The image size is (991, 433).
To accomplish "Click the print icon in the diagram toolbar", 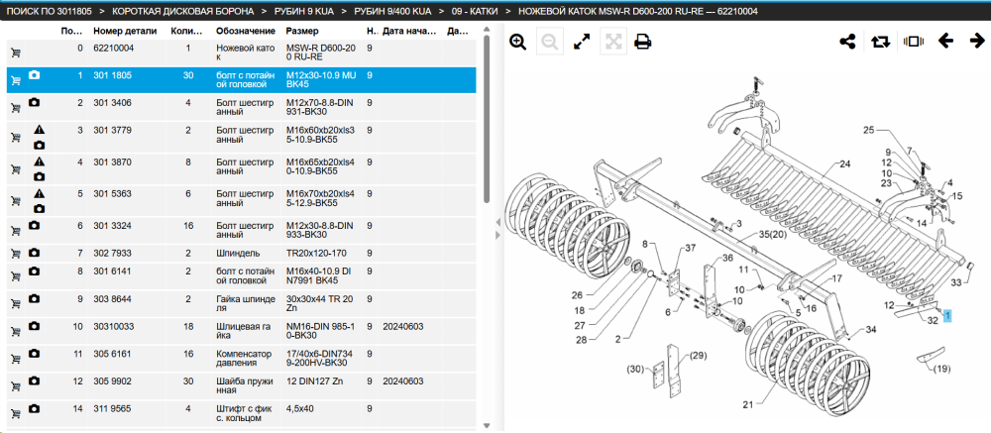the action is [643, 42].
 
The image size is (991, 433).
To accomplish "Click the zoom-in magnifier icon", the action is [518, 42].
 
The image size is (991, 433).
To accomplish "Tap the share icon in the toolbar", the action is [847, 42].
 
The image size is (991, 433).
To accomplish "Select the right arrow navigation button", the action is [977, 41].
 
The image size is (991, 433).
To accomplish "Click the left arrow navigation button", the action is [945, 41].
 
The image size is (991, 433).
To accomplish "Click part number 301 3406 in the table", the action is [113, 102].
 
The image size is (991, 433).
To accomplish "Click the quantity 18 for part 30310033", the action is [187, 327].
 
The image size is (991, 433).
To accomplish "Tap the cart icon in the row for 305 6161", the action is [15, 359].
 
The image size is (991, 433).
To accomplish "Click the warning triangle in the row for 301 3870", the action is [40, 162].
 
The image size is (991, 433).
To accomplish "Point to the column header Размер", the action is [302, 31].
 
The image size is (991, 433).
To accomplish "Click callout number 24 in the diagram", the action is [845, 164].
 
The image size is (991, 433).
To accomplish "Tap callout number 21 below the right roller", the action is [748, 405].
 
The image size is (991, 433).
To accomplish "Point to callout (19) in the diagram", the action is [941, 369].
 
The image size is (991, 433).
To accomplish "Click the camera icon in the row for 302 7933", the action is [34, 253].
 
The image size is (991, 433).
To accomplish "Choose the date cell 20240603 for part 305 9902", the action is [402, 381].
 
